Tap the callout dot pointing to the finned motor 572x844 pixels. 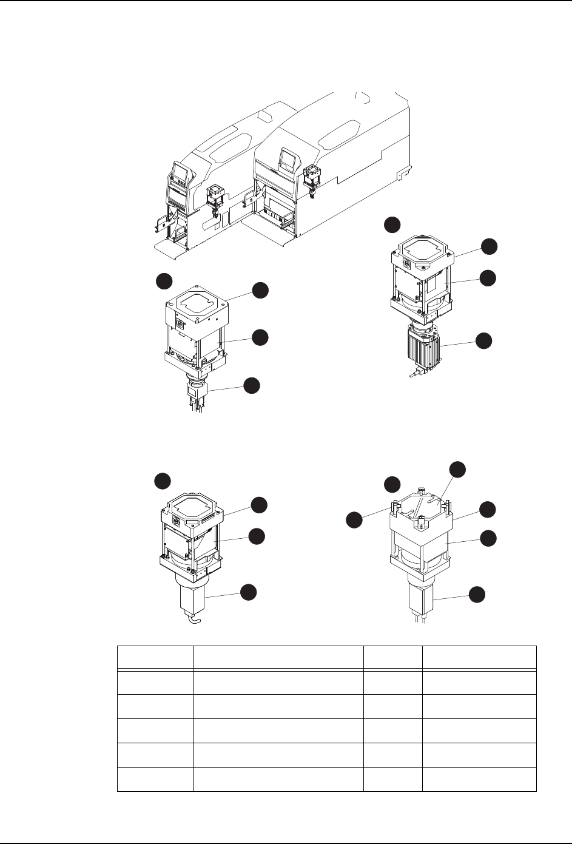pyautogui.click(x=484, y=340)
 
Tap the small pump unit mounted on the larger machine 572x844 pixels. pyautogui.click(x=313, y=178)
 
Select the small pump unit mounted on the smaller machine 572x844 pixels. pyautogui.click(x=215, y=198)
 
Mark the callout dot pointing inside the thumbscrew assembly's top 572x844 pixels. pyautogui.click(x=457, y=470)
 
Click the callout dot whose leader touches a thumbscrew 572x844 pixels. pyautogui.click(x=354, y=519)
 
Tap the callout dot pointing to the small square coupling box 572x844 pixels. pyautogui.click(x=252, y=385)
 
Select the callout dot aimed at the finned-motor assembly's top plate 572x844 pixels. pyautogui.click(x=489, y=245)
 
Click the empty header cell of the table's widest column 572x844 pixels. pyautogui.click(x=277, y=657)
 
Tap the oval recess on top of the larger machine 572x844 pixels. pyautogui.click(x=342, y=131)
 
